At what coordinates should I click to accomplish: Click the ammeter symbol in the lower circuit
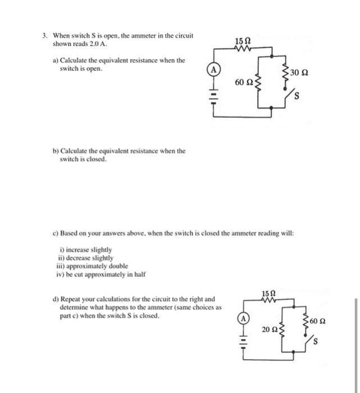[x=244, y=318]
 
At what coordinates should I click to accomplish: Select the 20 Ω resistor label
[x=270, y=329]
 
